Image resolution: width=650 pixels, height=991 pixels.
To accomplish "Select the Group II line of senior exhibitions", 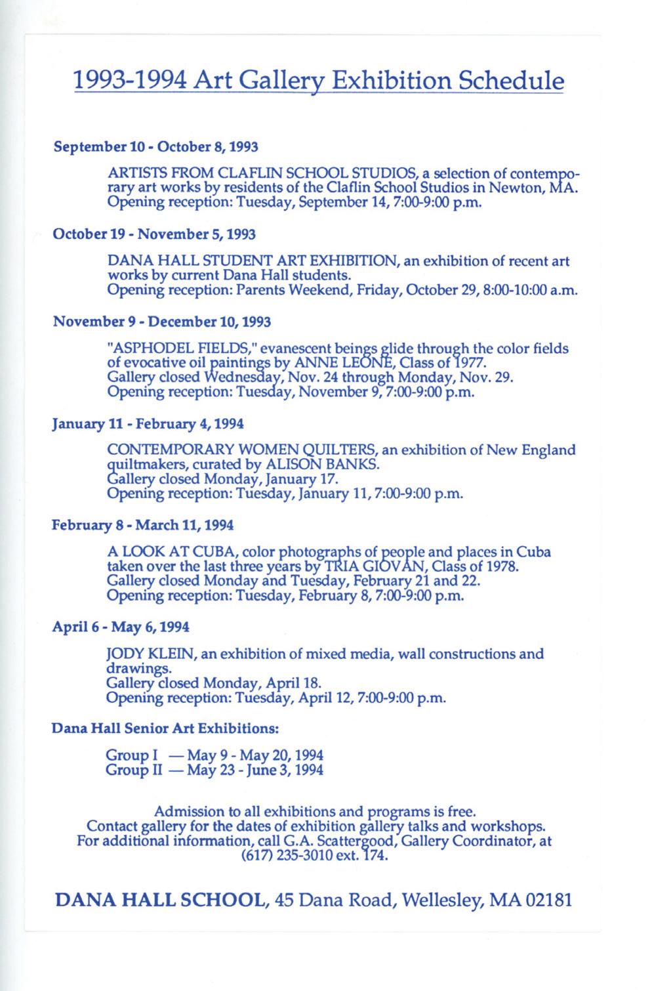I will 214,770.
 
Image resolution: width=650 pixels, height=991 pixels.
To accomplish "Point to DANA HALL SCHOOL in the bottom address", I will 162,900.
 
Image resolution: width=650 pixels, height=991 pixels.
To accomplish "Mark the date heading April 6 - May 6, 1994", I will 121,627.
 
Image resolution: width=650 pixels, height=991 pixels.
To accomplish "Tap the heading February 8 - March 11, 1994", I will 142,526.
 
